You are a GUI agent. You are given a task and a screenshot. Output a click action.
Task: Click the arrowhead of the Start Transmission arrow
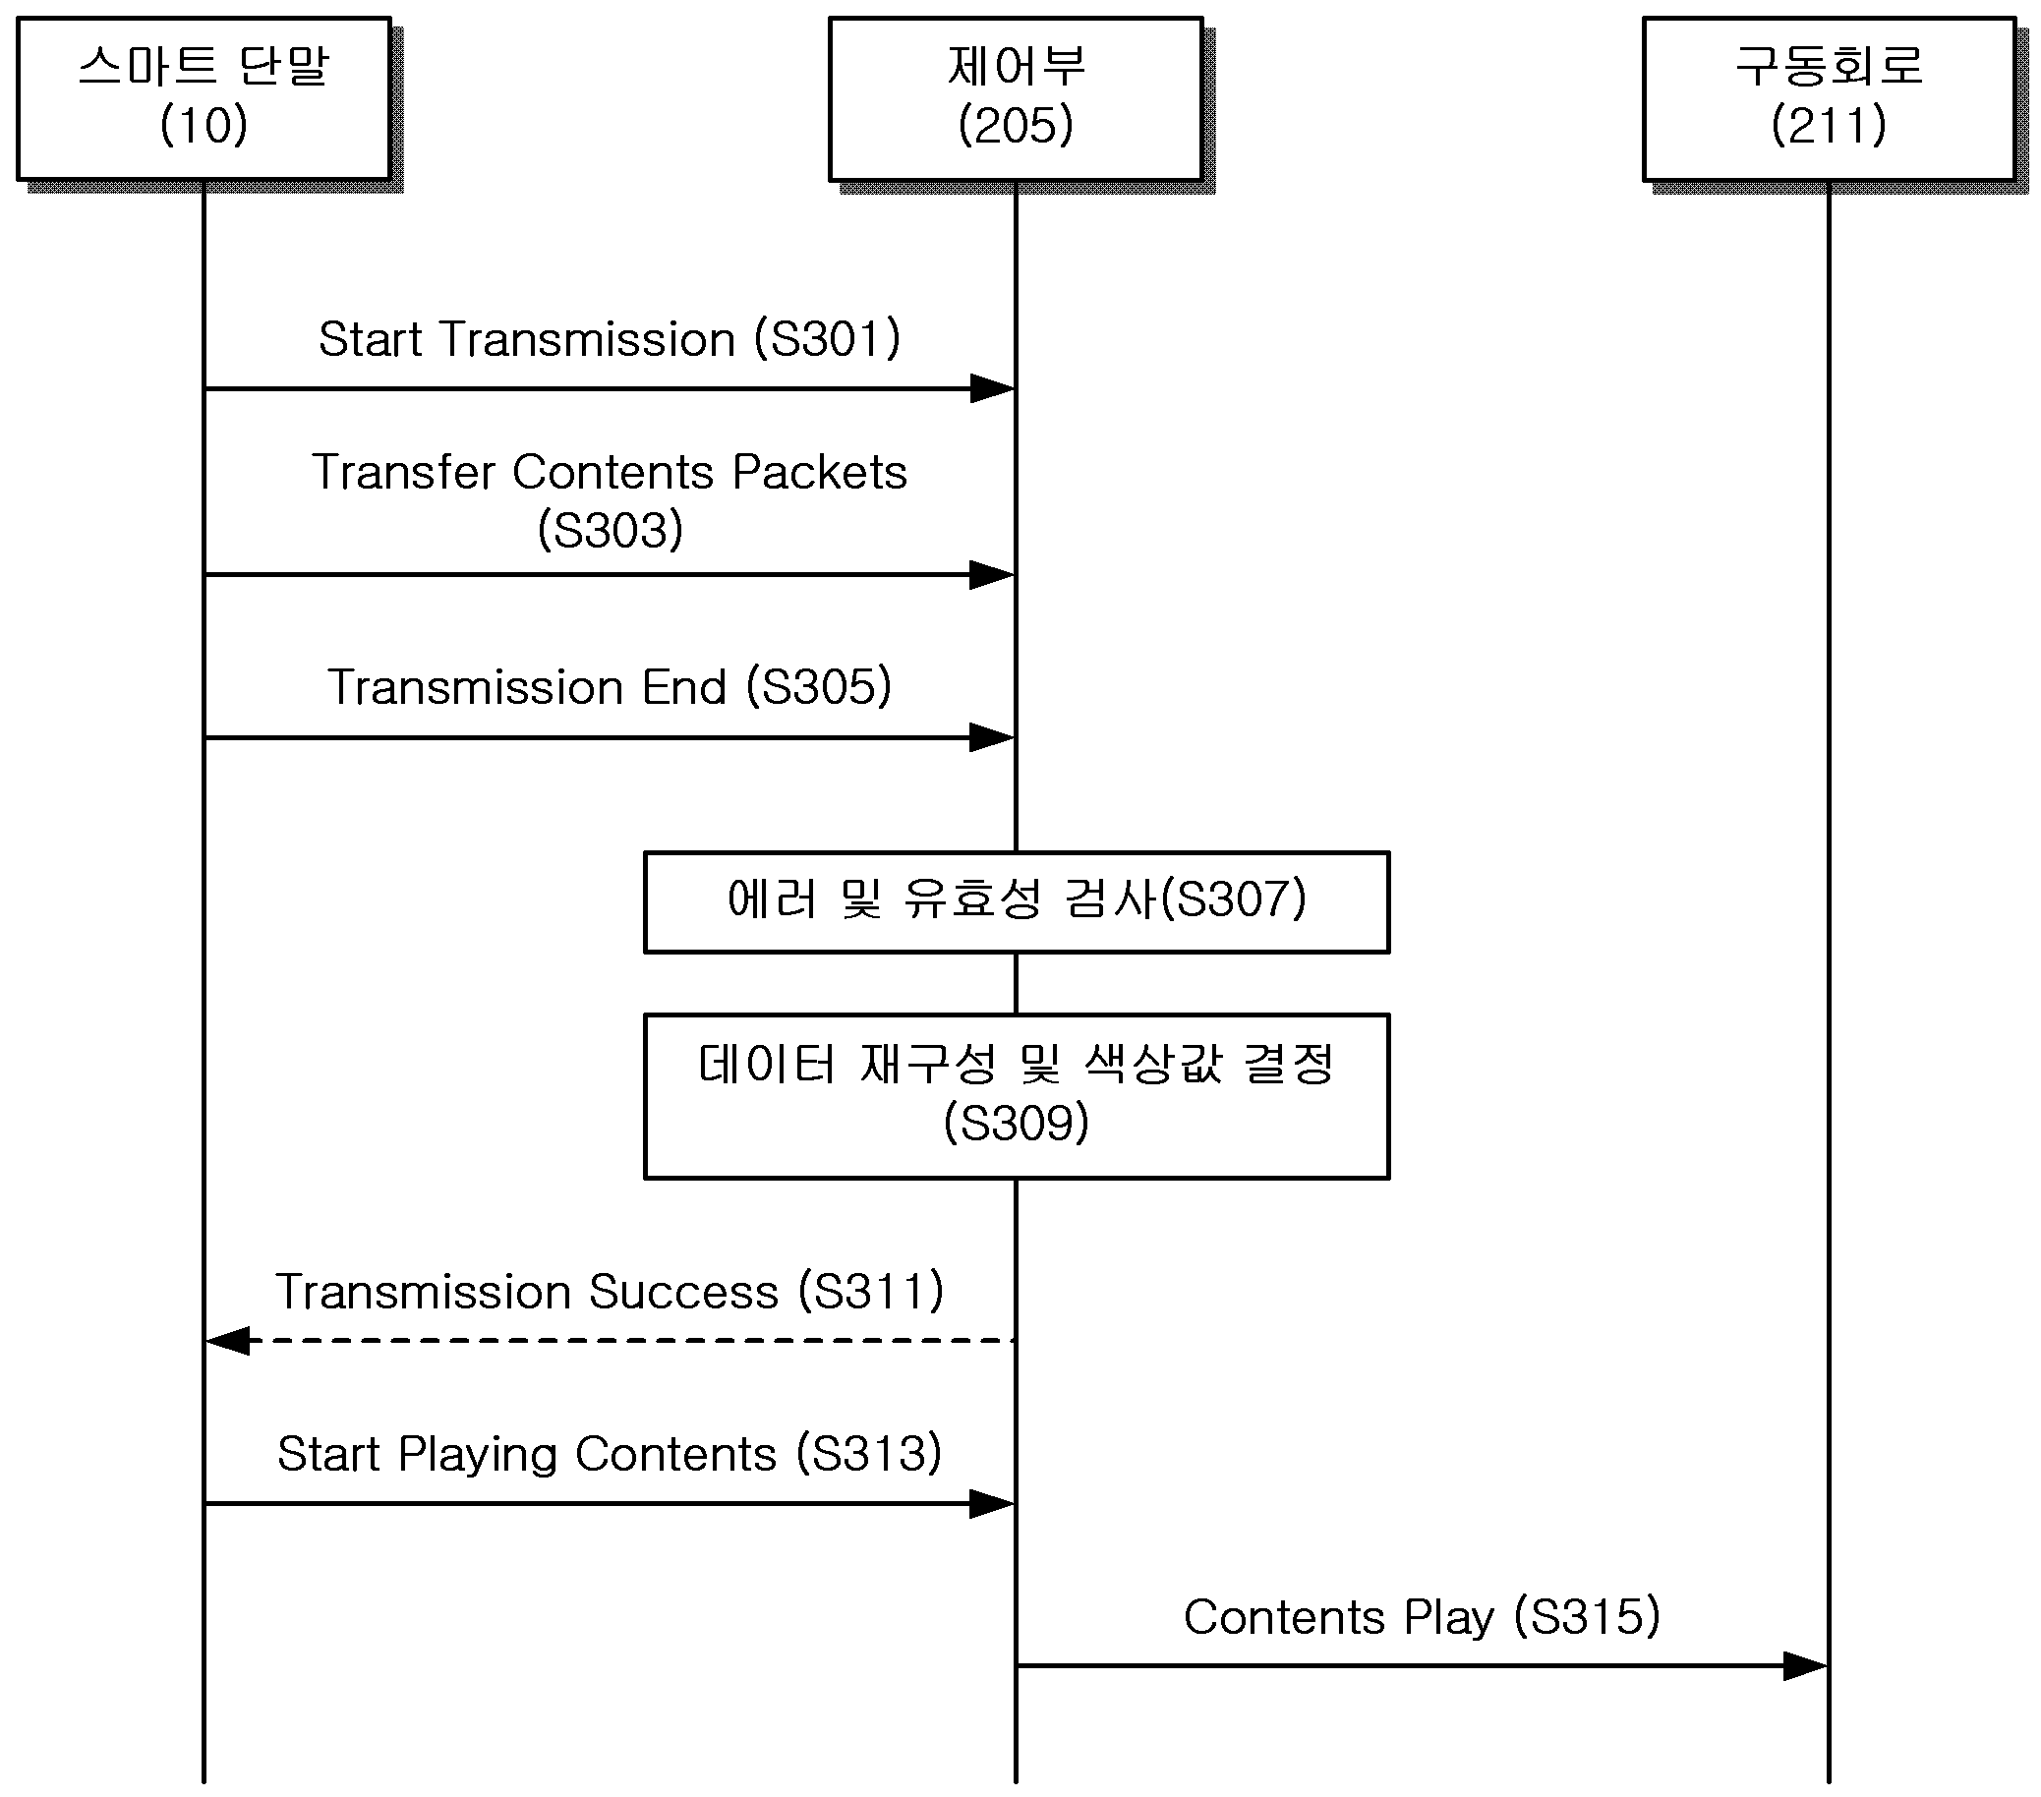[x=993, y=388]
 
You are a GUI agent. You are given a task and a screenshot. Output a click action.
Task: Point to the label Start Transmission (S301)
[x=610, y=338]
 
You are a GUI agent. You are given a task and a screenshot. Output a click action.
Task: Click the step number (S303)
[x=611, y=529]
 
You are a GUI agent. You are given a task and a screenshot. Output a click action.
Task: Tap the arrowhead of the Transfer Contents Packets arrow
[x=993, y=575]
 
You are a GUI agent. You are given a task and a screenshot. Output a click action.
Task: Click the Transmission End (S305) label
[x=610, y=687]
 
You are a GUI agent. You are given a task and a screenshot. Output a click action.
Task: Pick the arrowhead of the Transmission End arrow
[x=993, y=737]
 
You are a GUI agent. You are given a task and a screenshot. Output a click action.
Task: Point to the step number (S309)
[x=1017, y=1122]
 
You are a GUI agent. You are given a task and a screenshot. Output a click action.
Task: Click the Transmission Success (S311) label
[x=610, y=1291]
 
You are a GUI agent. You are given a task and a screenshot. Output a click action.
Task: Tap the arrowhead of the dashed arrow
[x=228, y=1341]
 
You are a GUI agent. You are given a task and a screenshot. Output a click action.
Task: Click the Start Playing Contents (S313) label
[x=610, y=1454]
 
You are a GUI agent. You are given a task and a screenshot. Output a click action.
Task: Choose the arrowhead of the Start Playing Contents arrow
[x=993, y=1503]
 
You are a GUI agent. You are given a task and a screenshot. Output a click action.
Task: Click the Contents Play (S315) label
[x=1422, y=1616]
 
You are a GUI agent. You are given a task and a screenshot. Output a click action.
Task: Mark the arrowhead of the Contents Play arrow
[x=1805, y=1666]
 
